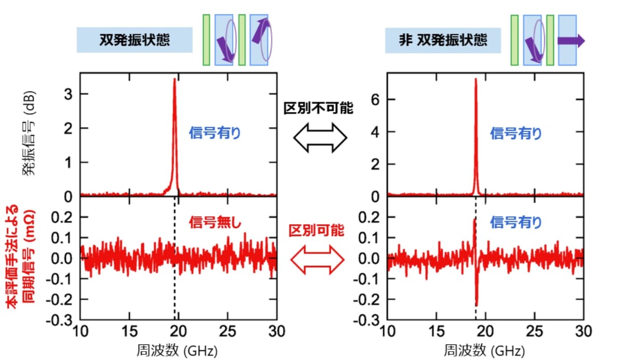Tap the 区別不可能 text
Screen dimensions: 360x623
318,108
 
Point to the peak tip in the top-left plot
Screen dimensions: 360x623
175,79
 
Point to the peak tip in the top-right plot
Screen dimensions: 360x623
476,79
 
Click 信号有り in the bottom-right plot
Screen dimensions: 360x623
515,223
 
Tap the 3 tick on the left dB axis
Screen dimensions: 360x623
68,94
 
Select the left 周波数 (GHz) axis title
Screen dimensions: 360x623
177,350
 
